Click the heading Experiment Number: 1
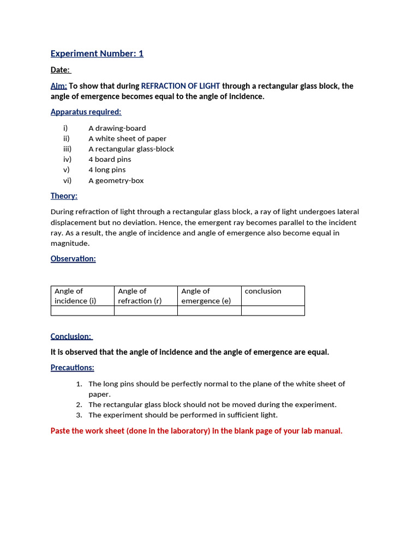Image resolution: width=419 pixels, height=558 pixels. click(x=97, y=53)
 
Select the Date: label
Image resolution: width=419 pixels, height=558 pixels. click(x=61, y=70)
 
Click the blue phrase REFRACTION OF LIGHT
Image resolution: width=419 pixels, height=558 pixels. click(x=181, y=86)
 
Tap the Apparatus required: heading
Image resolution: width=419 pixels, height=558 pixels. click(x=86, y=112)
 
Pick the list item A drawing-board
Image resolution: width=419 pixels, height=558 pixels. click(x=117, y=128)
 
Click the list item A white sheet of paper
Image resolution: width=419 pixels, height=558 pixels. click(x=127, y=138)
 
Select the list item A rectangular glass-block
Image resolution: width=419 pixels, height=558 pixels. click(x=131, y=149)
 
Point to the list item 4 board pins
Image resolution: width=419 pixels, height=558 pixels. click(x=110, y=159)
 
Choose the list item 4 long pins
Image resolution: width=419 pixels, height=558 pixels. click(x=107, y=169)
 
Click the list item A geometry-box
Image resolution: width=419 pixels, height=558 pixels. click(x=116, y=180)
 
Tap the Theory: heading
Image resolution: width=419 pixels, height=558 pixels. click(x=64, y=196)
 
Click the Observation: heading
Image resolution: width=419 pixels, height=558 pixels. click(x=73, y=259)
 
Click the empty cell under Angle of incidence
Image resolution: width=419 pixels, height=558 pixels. click(x=82, y=311)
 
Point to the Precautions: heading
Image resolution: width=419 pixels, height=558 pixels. click(x=72, y=368)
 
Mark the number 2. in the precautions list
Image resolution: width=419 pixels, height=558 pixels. click(x=79, y=404)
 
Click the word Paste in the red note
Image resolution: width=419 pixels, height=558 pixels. click(x=60, y=431)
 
